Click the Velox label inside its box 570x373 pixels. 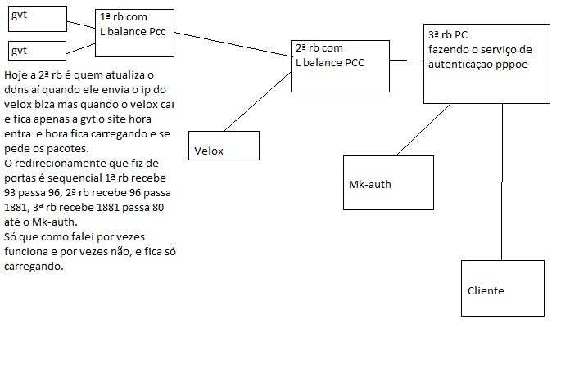[209, 151]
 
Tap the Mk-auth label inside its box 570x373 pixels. [370, 184]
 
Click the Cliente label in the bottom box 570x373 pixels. [486, 290]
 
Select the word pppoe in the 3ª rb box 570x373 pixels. [503, 62]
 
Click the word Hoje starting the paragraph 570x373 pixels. [18, 76]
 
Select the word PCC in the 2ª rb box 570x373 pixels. [354, 61]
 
